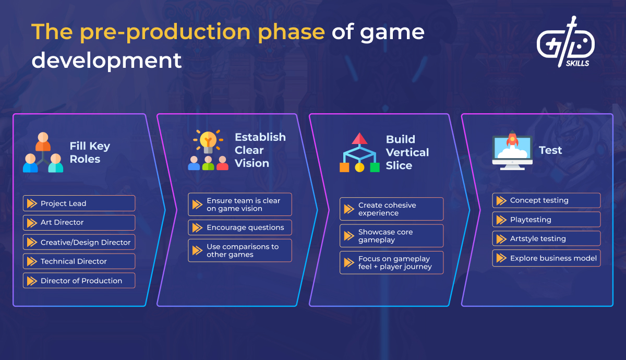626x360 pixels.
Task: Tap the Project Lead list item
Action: coord(79,203)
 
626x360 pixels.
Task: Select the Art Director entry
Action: coord(79,223)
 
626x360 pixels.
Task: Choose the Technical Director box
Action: coord(79,261)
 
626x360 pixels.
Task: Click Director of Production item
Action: coord(79,281)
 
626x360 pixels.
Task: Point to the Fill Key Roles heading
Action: coord(90,152)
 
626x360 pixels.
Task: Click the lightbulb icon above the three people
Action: coord(208,140)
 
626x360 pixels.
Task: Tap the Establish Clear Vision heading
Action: coord(260,150)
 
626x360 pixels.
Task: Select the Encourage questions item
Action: coord(239,227)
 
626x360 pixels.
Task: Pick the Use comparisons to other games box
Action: coord(239,250)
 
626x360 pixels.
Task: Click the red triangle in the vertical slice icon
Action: coord(360,138)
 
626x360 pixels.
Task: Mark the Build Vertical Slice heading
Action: coord(407,152)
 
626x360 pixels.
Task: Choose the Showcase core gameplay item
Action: coord(391,236)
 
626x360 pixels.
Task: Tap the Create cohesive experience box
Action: coord(391,209)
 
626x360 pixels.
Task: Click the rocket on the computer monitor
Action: coord(512,140)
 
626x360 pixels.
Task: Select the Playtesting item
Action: coord(546,220)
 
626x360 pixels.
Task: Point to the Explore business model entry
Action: coord(546,258)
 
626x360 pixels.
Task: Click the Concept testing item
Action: coord(546,200)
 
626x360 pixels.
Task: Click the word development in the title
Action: coord(106,60)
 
